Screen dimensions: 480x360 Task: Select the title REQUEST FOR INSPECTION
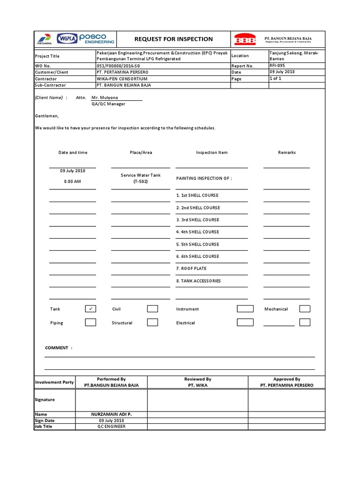click(173, 39)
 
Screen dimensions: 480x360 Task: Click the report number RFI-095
click(277, 66)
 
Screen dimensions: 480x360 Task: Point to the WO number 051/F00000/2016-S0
click(119, 66)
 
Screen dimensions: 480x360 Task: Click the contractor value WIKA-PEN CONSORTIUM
click(121, 79)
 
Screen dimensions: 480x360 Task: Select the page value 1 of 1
click(276, 79)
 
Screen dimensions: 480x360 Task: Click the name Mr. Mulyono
click(105, 97)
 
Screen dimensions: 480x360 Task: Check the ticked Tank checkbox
click(90, 309)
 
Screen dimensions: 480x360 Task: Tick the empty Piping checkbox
click(90, 322)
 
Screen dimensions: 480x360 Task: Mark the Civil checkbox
click(152, 309)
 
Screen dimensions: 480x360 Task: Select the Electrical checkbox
click(245, 322)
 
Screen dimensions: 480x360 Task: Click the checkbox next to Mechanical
click(305, 309)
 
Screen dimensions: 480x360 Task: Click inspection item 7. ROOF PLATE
click(191, 269)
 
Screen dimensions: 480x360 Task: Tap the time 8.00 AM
click(73, 181)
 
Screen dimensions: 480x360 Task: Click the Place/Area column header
click(141, 152)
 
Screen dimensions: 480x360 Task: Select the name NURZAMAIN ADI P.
click(111, 414)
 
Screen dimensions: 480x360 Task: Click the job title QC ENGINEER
click(111, 427)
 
